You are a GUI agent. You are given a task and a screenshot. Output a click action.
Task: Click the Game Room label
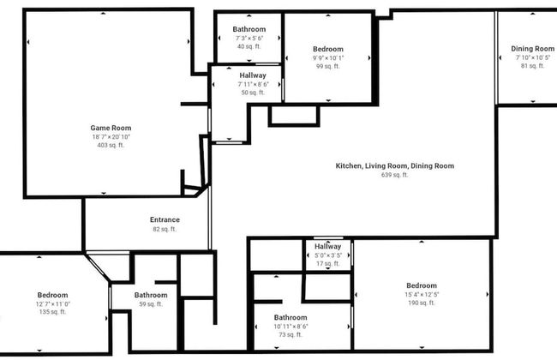pyautogui.click(x=111, y=128)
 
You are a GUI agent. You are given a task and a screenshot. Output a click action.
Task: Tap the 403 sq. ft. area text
pyautogui.click(x=111, y=146)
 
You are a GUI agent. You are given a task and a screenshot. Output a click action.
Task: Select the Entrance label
pyautogui.click(x=164, y=219)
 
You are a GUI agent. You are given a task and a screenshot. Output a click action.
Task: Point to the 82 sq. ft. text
pyautogui.click(x=164, y=229)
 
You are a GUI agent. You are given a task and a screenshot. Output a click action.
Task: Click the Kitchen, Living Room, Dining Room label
pyautogui.click(x=394, y=165)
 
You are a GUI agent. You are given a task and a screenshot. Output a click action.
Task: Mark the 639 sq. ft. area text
pyautogui.click(x=394, y=175)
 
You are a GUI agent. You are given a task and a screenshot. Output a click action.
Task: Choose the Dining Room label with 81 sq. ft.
pyautogui.click(x=533, y=49)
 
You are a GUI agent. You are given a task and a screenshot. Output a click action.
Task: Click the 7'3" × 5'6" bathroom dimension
pyautogui.click(x=249, y=39)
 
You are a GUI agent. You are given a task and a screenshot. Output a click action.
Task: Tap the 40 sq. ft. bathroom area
pyautogui.click(x=249, y=47)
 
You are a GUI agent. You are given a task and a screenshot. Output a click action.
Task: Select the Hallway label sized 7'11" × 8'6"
pyautogui.click(x=253, y=75)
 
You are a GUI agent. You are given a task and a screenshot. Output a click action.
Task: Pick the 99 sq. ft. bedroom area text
pyautogui.click(x=328, y=66)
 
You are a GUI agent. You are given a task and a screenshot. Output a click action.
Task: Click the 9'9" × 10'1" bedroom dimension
pyautogui.click(x=328, y=57)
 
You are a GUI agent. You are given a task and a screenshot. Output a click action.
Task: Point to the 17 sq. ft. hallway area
pyautogui.click(x=328, y=264)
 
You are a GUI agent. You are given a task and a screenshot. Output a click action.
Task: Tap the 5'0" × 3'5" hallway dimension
pyautogui.click(x=328, y=255)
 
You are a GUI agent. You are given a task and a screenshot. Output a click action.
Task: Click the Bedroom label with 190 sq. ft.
pyautogui.click(x=422, y=285)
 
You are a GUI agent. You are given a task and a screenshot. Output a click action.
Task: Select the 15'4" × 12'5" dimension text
pyautogui.click(x=422, y=295)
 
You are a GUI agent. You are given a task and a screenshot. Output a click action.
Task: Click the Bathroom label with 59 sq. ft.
pyautogui.click(x=151, y=295)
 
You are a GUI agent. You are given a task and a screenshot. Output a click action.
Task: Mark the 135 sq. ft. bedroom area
pyautogui.click(x=52, y=312)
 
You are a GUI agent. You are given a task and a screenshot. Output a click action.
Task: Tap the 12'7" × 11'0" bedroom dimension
pyautogui.click(x=52, y=303)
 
